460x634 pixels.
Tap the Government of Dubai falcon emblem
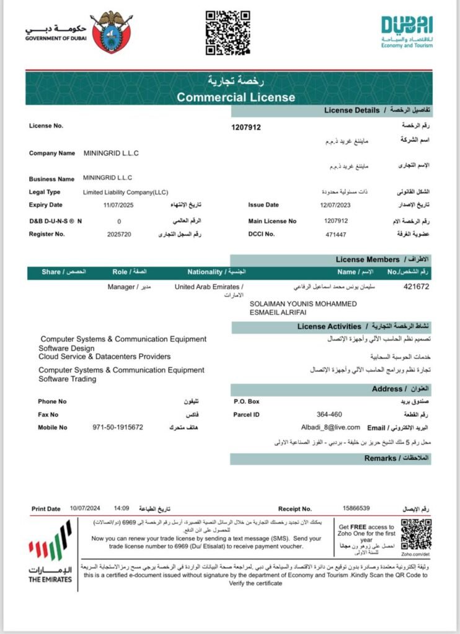click(x=110, y=32)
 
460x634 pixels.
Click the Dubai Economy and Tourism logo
click(x=407, y=31)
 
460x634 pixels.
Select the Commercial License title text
click(x=236, y=97)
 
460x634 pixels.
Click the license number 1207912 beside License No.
click(x=246, y=128)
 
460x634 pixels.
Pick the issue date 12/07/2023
click(x=335, y=205)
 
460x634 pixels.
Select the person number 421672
click(x=416, y=287)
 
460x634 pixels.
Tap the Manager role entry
click(x=121, y=287)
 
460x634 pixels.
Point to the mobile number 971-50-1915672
click(x=118, y=427)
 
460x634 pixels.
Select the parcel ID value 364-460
click(x=329, y=414)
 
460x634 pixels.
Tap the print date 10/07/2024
click(x=85, y=508)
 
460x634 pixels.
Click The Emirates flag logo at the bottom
click(x=50, y=552)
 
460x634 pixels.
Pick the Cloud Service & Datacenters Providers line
click(x=104, y=357)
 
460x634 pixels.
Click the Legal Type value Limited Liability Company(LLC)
click(x=125, y=192)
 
